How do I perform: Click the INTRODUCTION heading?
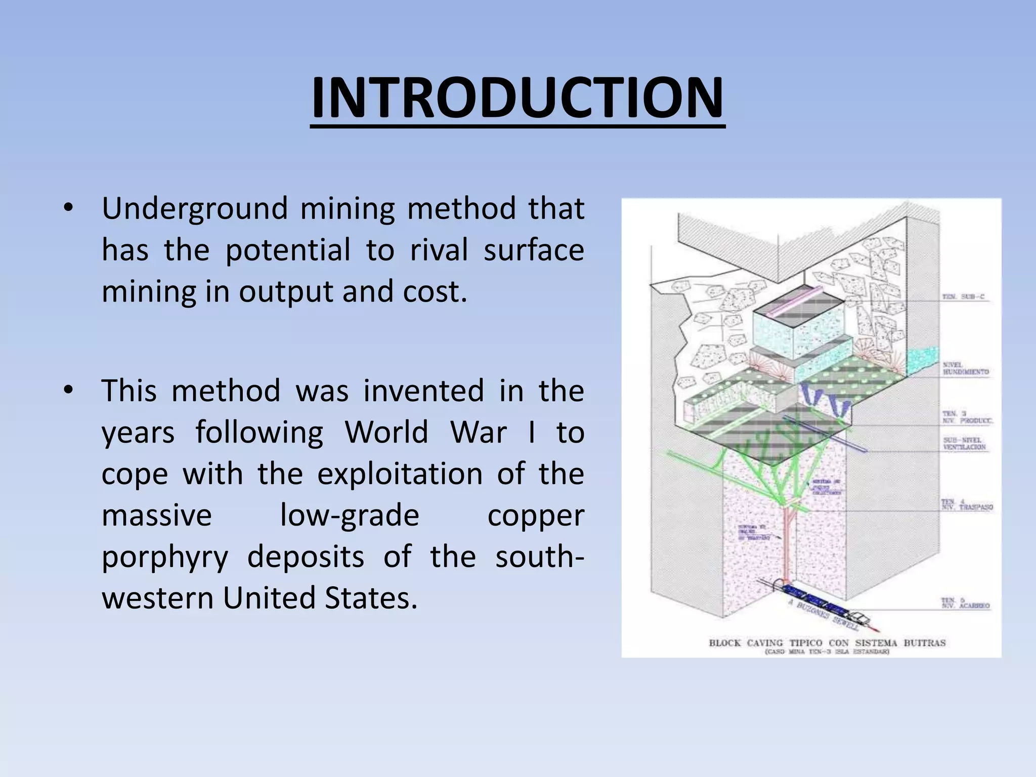(517, 99)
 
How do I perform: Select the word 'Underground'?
(194, 209)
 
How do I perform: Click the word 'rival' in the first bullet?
(439, 250)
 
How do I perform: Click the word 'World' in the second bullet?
(386, 433)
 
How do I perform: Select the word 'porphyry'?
(165, 557)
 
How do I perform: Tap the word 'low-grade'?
(350, 515)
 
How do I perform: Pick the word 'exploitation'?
(400, 474)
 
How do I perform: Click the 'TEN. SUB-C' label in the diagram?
(963, 297)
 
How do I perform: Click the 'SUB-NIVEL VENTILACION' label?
(964, 444)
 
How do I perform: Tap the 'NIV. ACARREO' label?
(965, 603)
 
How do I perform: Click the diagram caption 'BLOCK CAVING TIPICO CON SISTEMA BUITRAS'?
(827, 643)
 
